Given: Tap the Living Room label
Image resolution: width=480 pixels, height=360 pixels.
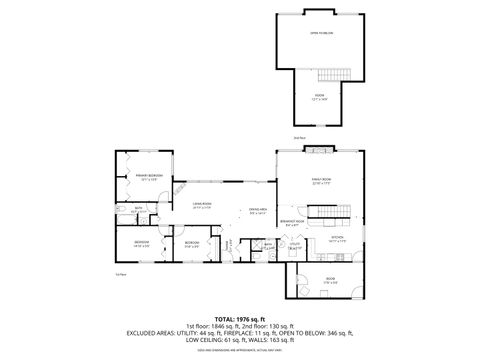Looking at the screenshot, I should pos(202,203).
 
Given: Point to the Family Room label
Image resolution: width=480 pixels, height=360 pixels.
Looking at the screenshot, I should pos(320,180).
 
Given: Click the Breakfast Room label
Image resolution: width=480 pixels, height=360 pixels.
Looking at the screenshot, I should pos(292,220).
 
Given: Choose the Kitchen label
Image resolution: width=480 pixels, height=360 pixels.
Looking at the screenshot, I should pos(337,237).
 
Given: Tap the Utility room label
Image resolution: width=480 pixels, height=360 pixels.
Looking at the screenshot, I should pos(294,243).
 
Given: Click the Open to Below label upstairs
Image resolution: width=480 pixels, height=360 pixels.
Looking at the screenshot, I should pos(321,33).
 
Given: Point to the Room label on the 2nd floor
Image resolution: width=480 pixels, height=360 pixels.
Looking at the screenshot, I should pos(320,97).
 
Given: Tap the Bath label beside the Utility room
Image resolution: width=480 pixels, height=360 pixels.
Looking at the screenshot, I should pos(269,243).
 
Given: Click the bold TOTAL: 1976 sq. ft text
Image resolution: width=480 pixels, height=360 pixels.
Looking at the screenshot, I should pos(239,317).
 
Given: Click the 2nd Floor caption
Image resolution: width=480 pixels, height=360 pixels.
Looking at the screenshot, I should pos(299,137).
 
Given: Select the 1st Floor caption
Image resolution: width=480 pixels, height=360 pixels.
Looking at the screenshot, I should pos(119,273).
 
